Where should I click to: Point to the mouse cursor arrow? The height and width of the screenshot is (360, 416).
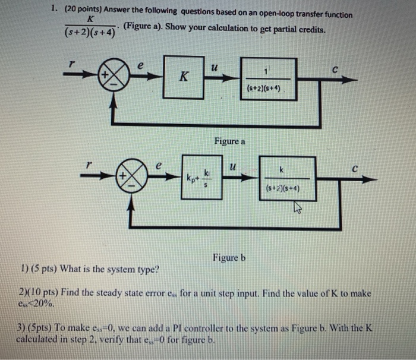(297, 209)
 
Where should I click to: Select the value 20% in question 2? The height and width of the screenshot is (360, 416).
(37, 302)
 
